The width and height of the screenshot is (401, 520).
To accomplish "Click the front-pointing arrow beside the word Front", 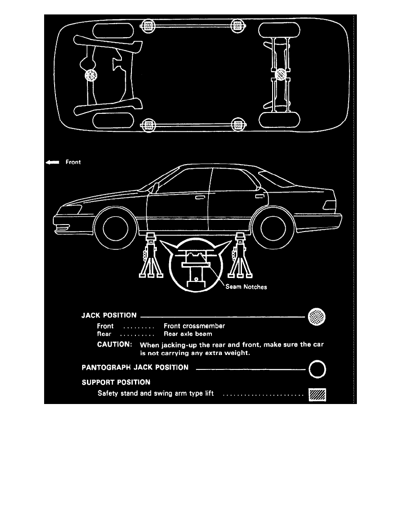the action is tap(52, 162).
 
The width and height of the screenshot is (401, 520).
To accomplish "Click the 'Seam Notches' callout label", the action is tap(246, 287).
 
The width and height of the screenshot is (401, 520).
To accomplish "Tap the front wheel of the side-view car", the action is tap(115, 228).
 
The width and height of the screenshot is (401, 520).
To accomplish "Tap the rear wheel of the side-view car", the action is tap(273, 228).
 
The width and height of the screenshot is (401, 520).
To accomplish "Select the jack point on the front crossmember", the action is tap(91, 75).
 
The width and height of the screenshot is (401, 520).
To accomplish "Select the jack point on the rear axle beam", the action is tap(280, 74).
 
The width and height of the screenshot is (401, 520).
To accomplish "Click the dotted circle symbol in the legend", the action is tap(317, 317).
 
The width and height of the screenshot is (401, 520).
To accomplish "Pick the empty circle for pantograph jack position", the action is tap(317, 369).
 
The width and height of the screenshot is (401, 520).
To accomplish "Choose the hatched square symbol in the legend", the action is tap(317, 395).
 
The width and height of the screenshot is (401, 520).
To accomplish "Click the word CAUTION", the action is tap(114, 344).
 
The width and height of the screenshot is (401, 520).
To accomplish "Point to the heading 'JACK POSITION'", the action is tap(109, 316).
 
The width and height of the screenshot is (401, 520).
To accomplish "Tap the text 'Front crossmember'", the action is tap(194, 326).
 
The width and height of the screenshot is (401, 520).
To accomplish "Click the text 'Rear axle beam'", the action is tap(188, 334).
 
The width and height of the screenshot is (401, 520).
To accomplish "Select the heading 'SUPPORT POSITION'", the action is tap(116, 383).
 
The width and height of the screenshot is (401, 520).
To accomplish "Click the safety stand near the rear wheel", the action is tap(240, 255).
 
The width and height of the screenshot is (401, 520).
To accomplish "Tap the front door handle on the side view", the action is tap(200, 198).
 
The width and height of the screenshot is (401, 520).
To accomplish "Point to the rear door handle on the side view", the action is tap(260, 197).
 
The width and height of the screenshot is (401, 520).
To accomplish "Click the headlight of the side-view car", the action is tap(70, 210).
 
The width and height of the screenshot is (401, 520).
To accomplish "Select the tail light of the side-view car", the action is tap(329, 206).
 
